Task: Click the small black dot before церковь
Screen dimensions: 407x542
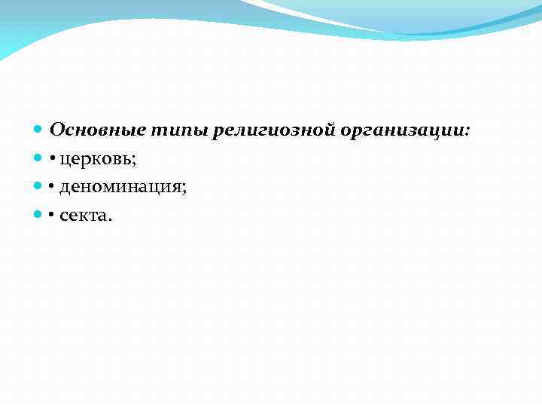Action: tap(53, 160)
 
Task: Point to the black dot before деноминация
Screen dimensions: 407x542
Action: tap(53, 188)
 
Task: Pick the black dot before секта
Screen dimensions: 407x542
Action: tap(53, 217)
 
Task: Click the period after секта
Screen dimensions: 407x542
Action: tap(110, 219)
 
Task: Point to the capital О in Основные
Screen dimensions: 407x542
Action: tap(56, 130)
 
